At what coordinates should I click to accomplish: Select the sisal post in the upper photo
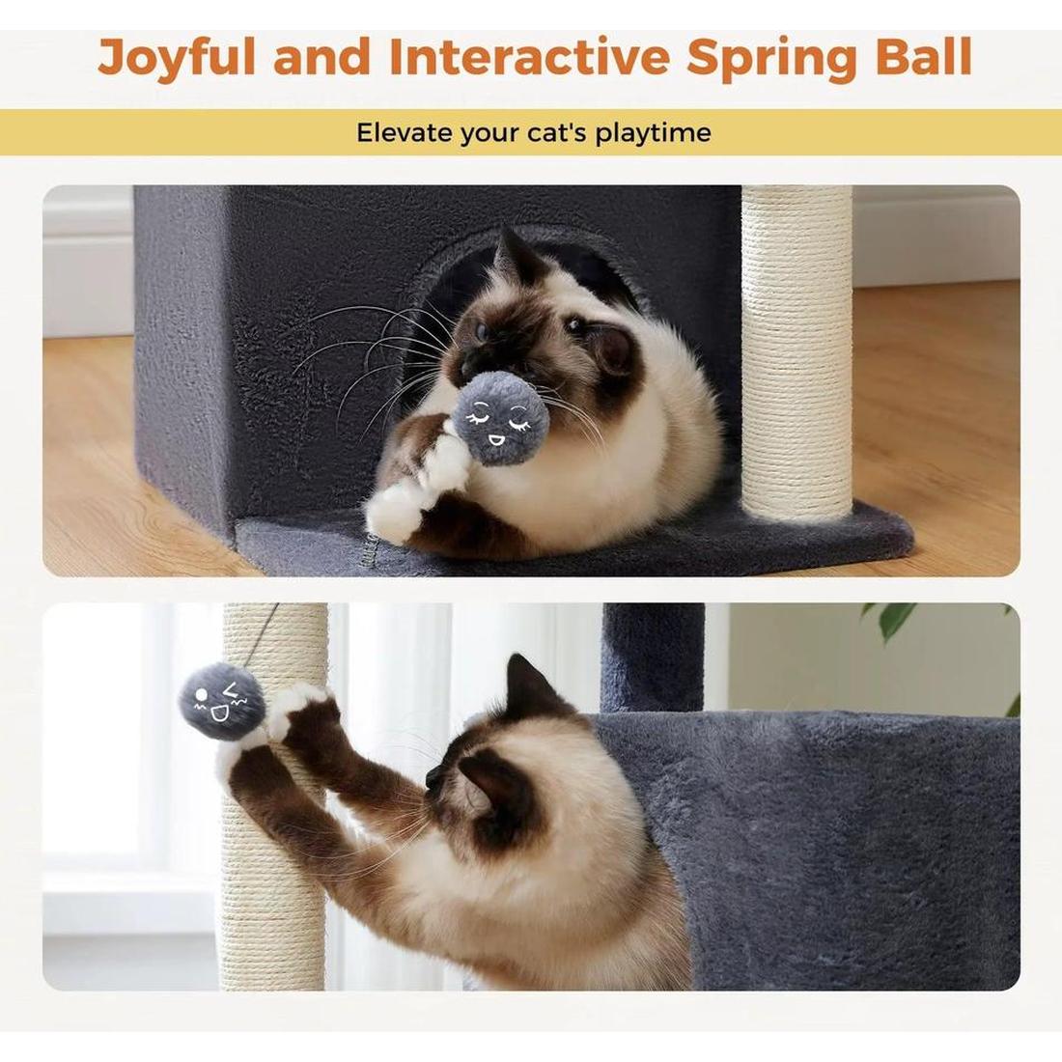[796, 348]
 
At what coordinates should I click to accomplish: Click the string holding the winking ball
[264, 632]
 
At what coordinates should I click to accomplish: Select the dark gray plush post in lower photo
[653, 657]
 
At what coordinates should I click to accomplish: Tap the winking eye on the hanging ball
[231, 692]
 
